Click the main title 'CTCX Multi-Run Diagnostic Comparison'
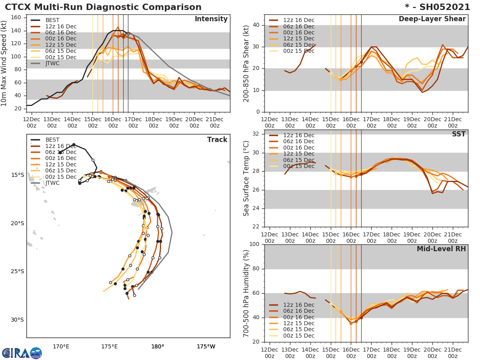point(103,7)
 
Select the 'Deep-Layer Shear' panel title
point(432,19)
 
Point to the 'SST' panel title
point(458,134)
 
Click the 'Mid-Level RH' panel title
point(441,249)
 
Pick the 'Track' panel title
point(217,140)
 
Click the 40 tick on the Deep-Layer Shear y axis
point(256,25)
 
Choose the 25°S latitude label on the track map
point(18,271)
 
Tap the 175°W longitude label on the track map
point(206,346)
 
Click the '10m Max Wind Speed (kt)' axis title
point(4,63)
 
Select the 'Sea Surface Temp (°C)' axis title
point(246,178)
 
